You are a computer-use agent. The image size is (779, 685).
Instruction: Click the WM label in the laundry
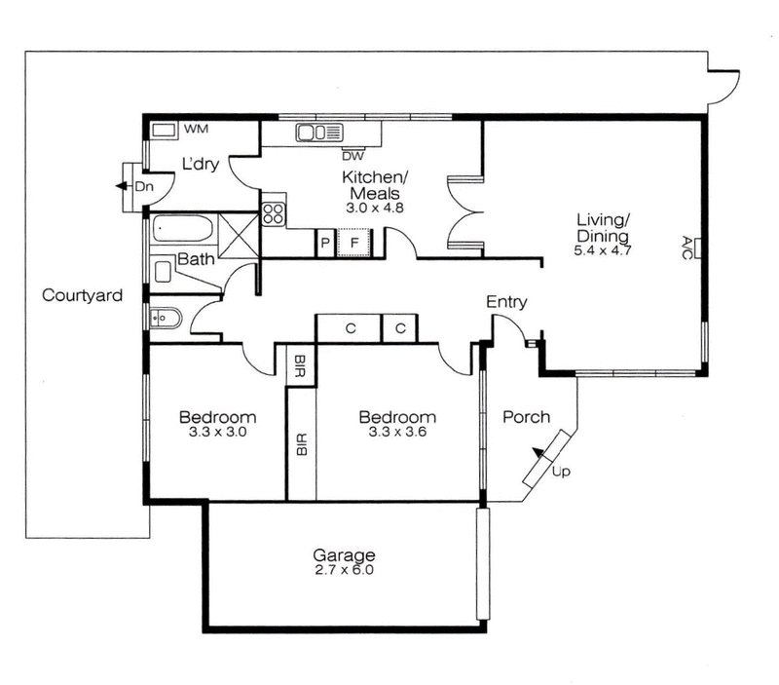click(x=197, y=129)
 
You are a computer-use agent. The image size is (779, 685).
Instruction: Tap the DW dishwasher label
click(x=352, y=154)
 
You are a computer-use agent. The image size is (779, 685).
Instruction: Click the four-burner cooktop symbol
click(x=274, y=213)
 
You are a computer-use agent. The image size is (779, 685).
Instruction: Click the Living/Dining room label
click(x=602, y=228)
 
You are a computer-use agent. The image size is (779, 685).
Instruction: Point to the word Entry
click(x=506, y=302)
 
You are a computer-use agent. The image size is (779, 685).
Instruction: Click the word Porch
click(x=526, y=417)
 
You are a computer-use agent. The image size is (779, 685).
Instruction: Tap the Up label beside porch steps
click(x=561, y=473)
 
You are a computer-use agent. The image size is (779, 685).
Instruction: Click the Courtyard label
click(x=82, y=295)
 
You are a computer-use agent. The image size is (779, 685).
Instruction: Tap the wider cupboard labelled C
click(x=349, y=328)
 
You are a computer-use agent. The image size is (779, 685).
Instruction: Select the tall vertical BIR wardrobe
click(x=301, y=443)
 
